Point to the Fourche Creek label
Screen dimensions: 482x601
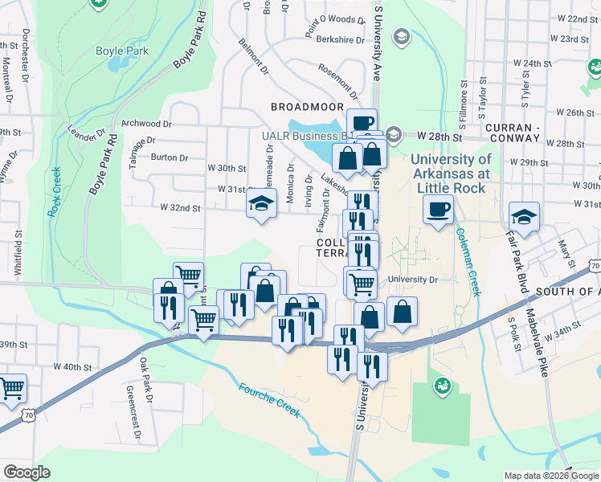pyautogui.click(x=269, y=400)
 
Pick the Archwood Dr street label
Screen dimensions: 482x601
pyautogui.click(x=148, y=124)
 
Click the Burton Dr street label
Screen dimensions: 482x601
pyautogui.click(x=169, y=157)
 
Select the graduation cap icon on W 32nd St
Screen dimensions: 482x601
pyautogui.click(x=262, y=205)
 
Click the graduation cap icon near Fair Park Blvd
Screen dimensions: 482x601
pyautogui.click(x=524, y=216)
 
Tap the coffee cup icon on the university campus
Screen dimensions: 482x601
pyautogui.click(x=439, y=210)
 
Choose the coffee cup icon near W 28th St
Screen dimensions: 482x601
pyautogui.click(x=362, y=123)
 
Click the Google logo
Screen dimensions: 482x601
pyautogui.click(x=27, y=472)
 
